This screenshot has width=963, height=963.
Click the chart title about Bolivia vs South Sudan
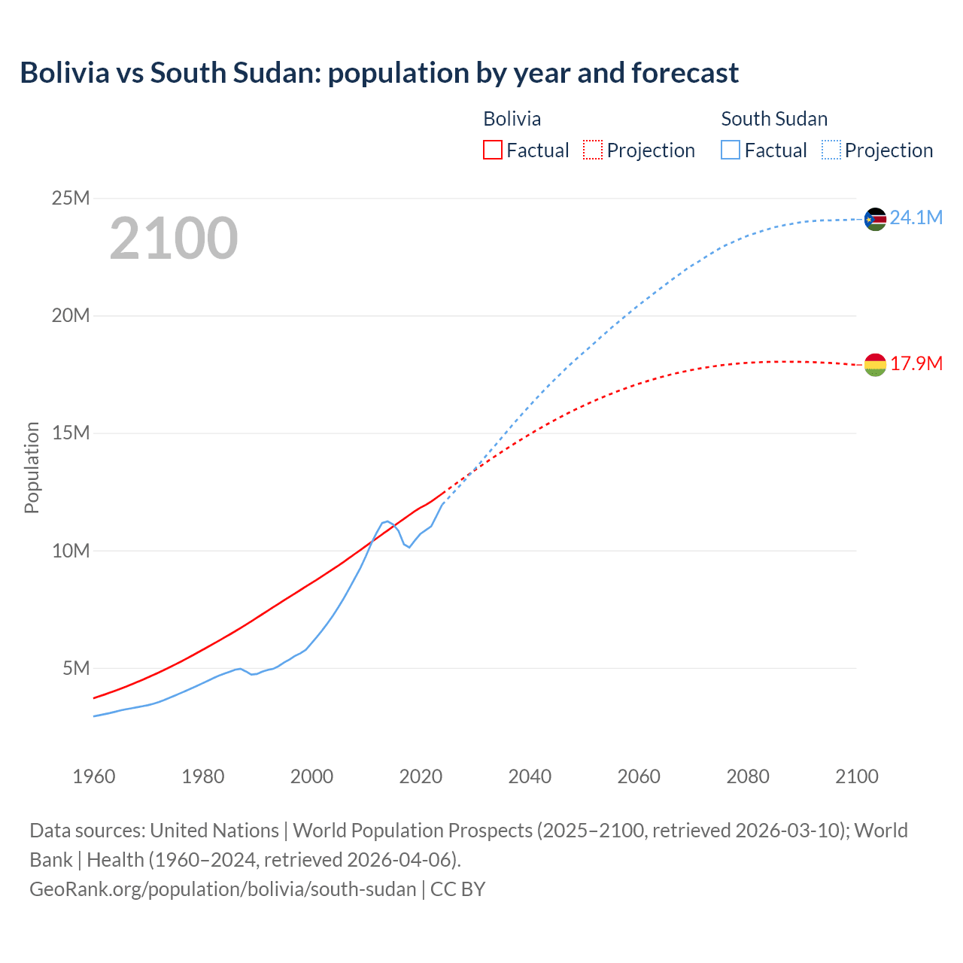[x=379, y=73]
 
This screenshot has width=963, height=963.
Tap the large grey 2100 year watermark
[x=174, y=238]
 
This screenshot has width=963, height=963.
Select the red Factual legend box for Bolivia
[x=492, y=150]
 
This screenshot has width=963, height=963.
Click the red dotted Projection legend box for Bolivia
[x=593, y=150]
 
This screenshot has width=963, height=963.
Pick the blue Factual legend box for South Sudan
[x=730, y=150]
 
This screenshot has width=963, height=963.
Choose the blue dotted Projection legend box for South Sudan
[x=831, y=150]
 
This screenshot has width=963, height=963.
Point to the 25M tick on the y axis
[x=71, y=198]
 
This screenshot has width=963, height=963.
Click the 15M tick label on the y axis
[x=71, y=433]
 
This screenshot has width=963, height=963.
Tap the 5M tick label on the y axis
[x=76, y=668]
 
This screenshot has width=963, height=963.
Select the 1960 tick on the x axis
[x=94, y=776]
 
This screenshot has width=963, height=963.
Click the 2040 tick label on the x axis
[x=530, y=776]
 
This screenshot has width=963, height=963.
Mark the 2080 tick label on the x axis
[x=748, y=776]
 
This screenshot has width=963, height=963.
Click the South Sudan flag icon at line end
[x=875, y=219]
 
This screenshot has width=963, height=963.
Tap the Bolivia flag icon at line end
[x=875, y=365]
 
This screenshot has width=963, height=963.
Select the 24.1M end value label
[x=916, y=218]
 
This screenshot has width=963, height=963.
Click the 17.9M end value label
[x=916, y=364]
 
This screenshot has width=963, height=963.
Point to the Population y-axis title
[x=32, y=467]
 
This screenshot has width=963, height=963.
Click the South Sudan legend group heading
[x=774, y=119]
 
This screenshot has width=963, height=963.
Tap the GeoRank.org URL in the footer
[x=223, y=889]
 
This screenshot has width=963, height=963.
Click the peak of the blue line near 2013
[x=387, y=521]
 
